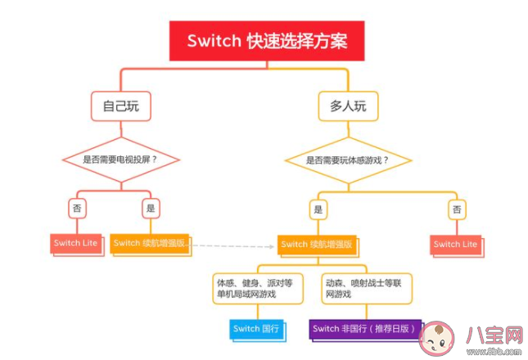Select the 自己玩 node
pyautogui.click(x=121, y=106)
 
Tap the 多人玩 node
pyautogui.click(x=347, y=106)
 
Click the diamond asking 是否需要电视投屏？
pyautogui.click(x=121, y=160)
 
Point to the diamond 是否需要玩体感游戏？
pyautogui.click(x=347, y=160)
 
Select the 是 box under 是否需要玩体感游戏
pyautogui.click(x=318, y=209)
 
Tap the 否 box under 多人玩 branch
pyautogui.click(x=456, y=209)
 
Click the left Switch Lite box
pyautogui.click(x=76, y=243)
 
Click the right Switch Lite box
pyautogui.click(x=455, y=244)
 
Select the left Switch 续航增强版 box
pyautogui.click(x=150, y=243)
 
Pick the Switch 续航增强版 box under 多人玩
pyautogui.click(x=316, y=244)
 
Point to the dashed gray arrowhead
pyautogui.click(x=272, y=245)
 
